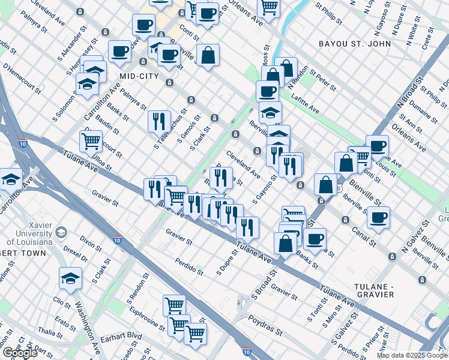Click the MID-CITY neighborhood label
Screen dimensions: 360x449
pos(139,76)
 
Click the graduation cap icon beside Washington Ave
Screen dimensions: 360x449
pos(70,277)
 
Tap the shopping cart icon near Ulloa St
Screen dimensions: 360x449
pos(91,141)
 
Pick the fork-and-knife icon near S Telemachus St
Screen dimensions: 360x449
pos(159,121)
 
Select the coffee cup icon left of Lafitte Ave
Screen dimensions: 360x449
pos(267,91)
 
